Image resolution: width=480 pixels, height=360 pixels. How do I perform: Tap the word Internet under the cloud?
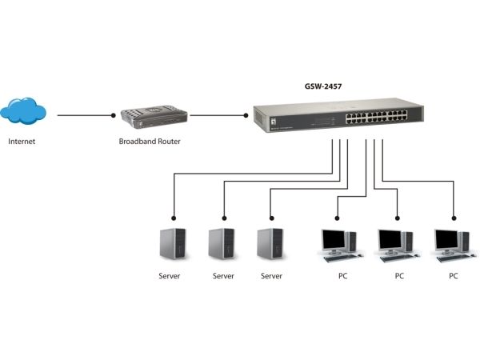(22, 142)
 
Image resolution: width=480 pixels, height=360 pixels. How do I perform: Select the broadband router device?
(154, 118)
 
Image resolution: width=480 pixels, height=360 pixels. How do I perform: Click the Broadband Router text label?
(149, 142)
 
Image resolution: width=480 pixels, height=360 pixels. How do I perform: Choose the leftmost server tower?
(174, 243)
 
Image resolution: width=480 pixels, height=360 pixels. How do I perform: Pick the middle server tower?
(222, 243)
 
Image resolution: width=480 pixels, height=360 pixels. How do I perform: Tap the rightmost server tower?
(271, 243)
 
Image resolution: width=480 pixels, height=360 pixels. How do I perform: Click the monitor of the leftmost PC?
(334, 239)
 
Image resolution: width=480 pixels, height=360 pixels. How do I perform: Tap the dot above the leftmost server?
(174, 215)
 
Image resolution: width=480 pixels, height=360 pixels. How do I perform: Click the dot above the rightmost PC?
(454, 215)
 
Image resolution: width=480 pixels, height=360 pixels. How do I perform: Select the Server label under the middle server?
(223, 276)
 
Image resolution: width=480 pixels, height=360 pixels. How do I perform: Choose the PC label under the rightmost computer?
(453, 276)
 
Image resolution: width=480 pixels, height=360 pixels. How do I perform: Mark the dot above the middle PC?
(398, 215)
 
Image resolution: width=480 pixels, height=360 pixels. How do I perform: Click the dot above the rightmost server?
(271, 215)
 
